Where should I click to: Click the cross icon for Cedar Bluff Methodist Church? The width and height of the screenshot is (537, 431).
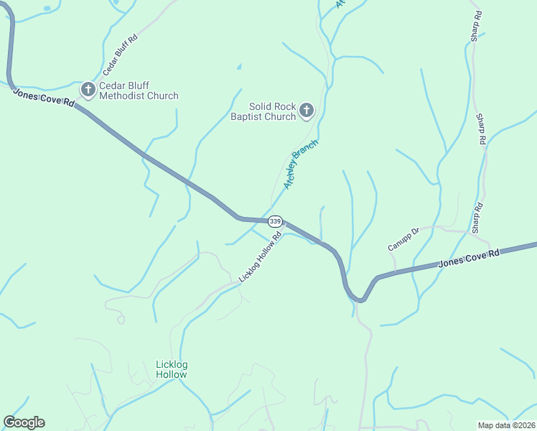point(88,89)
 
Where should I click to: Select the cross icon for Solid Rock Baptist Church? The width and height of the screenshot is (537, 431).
point(307,110)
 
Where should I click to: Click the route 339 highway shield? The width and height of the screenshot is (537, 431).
point(276,221)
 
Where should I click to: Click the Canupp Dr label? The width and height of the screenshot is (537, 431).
point(403,239)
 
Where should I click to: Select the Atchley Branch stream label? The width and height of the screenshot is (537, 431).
point(300,164)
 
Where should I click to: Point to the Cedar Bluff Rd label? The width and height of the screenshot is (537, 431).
point(120,54)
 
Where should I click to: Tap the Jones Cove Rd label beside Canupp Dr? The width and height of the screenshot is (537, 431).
point(468,259)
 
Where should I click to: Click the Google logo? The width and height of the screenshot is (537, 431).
point(24,422)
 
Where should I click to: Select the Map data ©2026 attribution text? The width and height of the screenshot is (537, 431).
point(506,425)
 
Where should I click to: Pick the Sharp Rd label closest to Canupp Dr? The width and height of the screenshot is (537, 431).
point(476,217)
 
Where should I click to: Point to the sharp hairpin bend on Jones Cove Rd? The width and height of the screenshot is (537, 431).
point(359,300)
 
